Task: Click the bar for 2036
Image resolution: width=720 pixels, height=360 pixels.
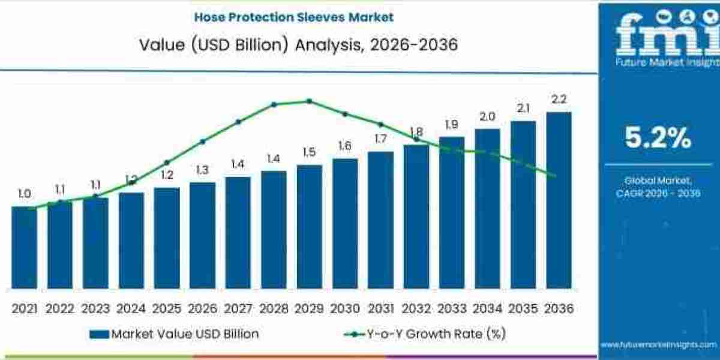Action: (x=559, y=200)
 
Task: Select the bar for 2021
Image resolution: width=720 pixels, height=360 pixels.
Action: (x=24, y=247)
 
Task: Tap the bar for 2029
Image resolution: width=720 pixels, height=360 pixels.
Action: (x=309, y=226)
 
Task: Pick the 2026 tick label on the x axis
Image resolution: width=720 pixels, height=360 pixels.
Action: (x=202, y=308)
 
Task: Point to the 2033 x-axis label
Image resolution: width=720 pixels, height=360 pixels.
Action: (x=451, y=308)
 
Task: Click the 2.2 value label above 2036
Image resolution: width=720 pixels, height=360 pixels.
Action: (x=559, y=99)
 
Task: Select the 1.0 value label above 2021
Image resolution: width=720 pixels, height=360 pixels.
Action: (x=24, y=194)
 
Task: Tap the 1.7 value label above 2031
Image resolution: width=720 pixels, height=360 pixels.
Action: (x=380, y=139)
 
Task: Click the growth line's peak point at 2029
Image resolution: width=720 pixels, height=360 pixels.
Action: (x=309, y=101)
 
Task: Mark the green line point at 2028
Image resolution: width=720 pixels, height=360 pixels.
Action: (x=274, y=104)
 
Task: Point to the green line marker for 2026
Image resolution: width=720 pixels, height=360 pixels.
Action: (x=202, y=142)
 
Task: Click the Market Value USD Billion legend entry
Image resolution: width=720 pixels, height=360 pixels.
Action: (x=174, y=334)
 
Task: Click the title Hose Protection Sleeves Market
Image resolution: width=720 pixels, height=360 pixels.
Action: (x=294, y=17)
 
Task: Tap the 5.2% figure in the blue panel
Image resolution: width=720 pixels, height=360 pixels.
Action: (x=658, y=139)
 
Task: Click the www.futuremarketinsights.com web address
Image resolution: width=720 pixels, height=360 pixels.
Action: (x=658, y=344)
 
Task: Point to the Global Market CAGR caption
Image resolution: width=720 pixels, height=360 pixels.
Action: (x=658, y=186)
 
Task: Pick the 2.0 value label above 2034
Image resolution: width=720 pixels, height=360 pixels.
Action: (x=487, y=116)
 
